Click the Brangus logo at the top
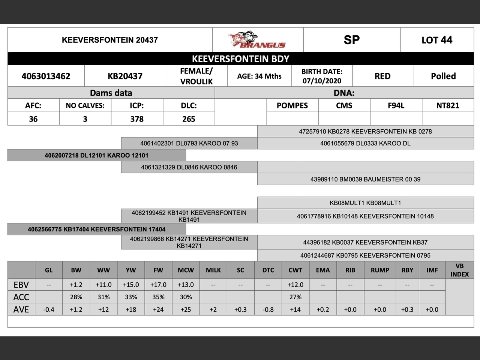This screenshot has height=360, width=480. coord(257,40)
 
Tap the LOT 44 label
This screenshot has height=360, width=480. coord(437,40)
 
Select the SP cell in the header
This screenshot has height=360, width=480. coord(351,40)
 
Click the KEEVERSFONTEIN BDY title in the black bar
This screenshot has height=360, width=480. coord(240,59)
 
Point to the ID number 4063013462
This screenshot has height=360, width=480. coord(46,76)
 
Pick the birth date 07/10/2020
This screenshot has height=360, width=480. coord(322,81)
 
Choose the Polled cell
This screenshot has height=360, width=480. coord(443,76)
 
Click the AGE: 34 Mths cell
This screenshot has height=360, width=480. coord(259,76)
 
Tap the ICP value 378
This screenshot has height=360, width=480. coord(137,119)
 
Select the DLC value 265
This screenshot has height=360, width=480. coord(189,119)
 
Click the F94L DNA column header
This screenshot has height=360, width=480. coord(396,105)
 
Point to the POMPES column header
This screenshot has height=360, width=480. coord(292,105)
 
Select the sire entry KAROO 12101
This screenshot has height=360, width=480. coord(96,155)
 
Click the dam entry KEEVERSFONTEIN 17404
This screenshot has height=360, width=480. coord(96,229)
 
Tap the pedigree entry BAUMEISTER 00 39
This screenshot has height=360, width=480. coord(365,179)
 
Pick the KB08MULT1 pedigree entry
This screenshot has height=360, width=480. coord(365,203)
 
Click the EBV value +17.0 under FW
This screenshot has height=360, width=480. coord(158,285)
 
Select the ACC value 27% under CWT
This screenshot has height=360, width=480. coord(295,297)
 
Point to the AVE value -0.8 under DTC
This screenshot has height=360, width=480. coord(268,309)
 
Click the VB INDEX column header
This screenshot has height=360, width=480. coord(459,270)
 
